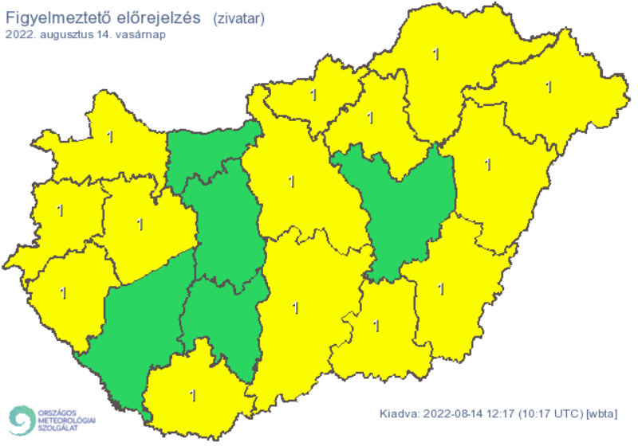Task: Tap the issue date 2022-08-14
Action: [x=451, y=413]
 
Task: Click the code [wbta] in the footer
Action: [x=605, y=413]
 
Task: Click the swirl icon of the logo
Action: [x=22, y=420]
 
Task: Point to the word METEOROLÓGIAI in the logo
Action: [x=66, y=420]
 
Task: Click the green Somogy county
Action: [x=140, y=319]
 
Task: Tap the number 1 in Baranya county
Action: [x=192, y=394]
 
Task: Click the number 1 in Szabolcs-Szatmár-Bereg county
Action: [x=548, y=86]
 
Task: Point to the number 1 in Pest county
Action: [x=291, y=182]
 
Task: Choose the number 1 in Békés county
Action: [x=441, y=288]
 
